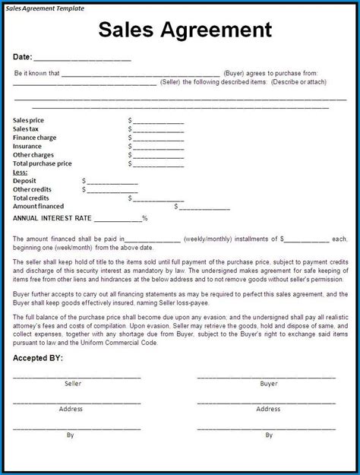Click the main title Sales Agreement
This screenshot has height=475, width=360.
(185, 30)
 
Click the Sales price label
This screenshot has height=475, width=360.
(28, 120)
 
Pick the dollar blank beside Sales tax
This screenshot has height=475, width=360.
(158, 129)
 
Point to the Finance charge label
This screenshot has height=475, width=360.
(34, 138)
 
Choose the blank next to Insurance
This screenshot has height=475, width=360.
(158, 147)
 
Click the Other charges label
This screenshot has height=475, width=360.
(33, 155)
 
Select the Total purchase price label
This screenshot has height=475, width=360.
(43, 163)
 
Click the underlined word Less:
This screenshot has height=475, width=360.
(21, 173)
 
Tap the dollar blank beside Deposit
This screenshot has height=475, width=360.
(112, 181)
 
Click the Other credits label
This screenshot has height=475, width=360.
(32, 189)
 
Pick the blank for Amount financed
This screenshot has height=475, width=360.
(204, 207)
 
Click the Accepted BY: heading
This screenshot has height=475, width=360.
(38, 357)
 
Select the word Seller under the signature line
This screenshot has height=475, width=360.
(73, 384)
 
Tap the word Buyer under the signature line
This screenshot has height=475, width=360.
(269, 384)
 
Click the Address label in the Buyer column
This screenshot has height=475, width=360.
(269, 409)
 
